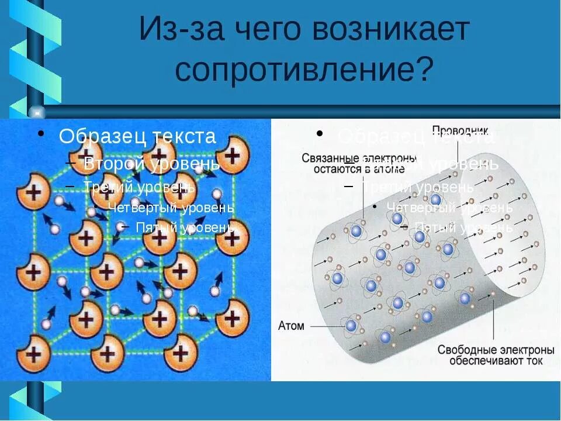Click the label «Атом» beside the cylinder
coord(291,326)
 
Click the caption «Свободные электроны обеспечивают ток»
coord(496,355)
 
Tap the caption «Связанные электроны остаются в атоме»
coord(359,164)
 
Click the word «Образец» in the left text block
coord(103,136)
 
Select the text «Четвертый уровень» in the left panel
coord(171,208)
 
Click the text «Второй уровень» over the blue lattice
coord(152,164)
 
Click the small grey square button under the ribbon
coord(37,111)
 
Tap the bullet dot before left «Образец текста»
coord(41,134)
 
